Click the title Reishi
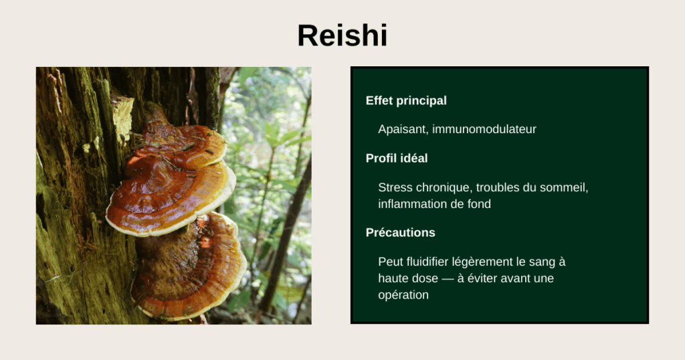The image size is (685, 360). tap(342, 35)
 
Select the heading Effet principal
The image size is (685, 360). tap(406, 101)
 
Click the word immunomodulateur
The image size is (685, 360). tap(484, 129)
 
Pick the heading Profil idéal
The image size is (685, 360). tap(397, 159)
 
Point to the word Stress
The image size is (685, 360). tap(395, 187)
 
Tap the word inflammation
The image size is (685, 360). tap(410, 204)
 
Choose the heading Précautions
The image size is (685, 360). tap(400, 233)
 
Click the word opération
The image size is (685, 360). tap(403, 294)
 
